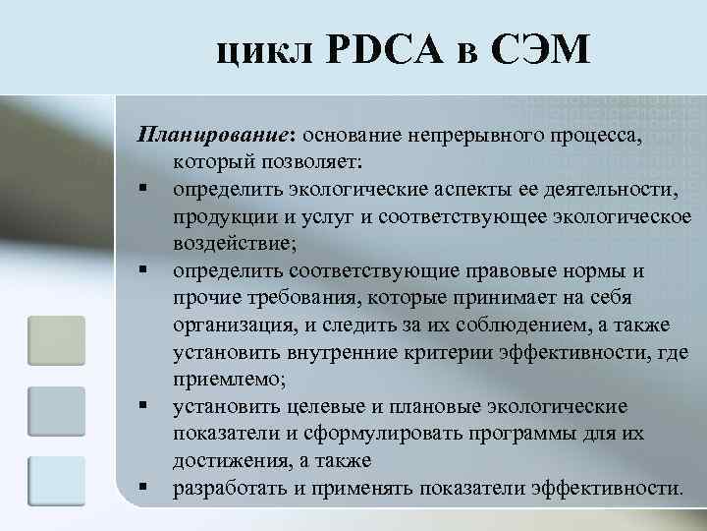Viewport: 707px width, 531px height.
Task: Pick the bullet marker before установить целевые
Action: tap(143, 406)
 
